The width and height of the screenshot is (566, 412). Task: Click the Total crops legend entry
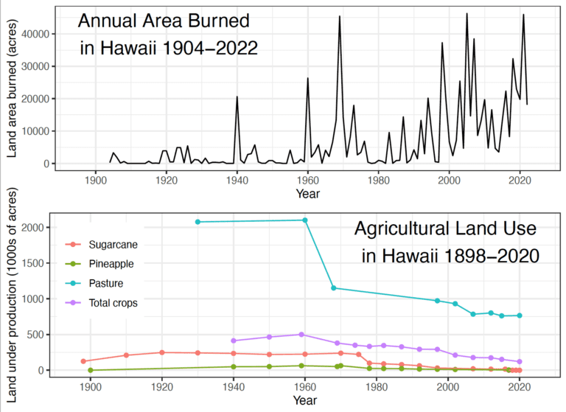click(113, 302)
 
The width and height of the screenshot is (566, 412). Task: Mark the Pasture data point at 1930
click(198, 222)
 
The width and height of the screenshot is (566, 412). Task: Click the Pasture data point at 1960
click(305, 220)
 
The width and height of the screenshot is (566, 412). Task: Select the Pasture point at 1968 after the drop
click(333, 288)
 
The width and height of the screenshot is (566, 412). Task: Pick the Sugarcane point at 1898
click(83, 361)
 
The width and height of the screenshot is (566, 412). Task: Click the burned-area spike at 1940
click(237, 97)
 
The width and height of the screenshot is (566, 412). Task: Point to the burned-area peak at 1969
click(339, 16)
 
